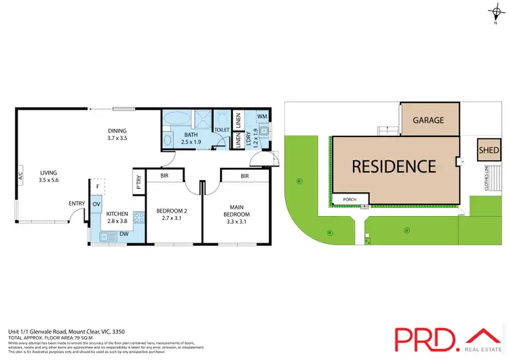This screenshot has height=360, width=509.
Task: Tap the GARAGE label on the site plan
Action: [428, 120]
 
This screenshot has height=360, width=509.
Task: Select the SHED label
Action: [488, 150]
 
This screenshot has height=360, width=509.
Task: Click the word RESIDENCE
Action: [393, 166]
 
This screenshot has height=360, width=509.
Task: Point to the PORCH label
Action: [350, 199]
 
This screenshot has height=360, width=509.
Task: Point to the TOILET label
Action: [221, 129]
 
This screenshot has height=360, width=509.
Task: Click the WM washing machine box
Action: [262, 116]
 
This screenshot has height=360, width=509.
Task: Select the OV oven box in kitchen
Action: [96, 204]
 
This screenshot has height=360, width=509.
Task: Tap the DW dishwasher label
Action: [124, 234]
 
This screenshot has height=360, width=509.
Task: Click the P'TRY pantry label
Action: [137, 181]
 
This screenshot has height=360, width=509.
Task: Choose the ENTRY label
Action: [77, 203]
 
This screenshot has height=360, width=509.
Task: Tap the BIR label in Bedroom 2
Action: [165, 175]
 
